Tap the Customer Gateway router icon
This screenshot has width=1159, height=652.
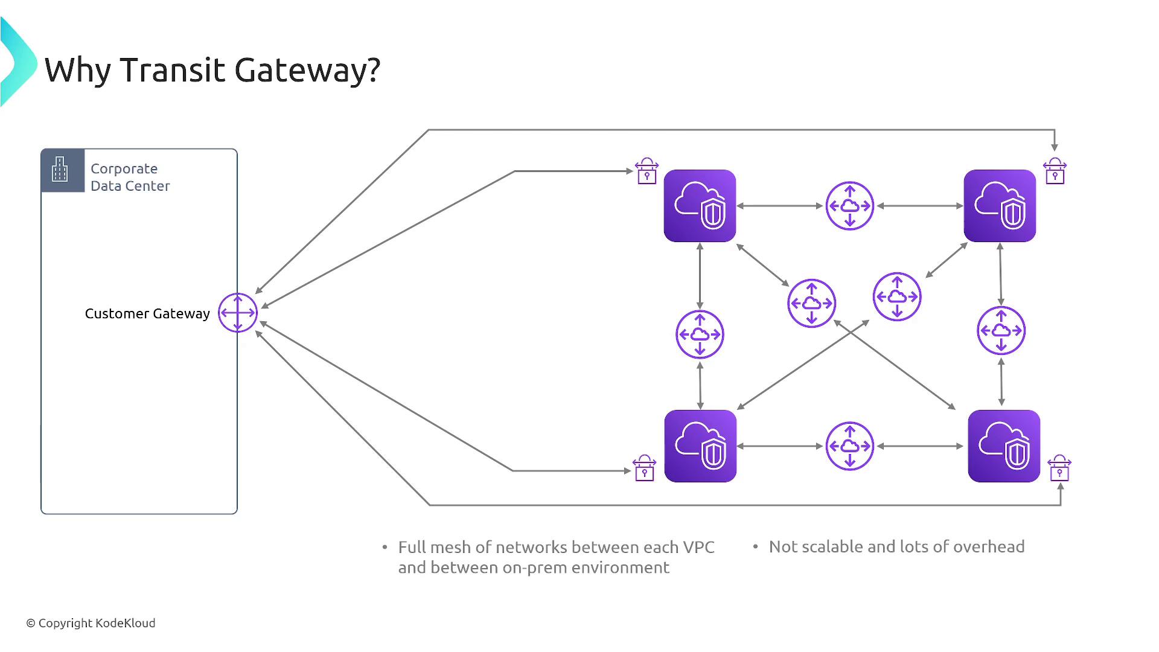point(238,313)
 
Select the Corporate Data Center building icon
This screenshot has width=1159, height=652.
point(60,170)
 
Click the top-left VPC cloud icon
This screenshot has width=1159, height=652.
point(700,206)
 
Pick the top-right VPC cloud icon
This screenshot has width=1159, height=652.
point(1000,206)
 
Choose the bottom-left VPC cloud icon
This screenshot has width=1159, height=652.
point(700,446)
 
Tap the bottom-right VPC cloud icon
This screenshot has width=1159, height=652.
point(1004,446)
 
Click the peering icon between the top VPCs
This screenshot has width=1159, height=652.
point(850,206)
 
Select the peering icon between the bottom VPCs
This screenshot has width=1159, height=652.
point(850,446)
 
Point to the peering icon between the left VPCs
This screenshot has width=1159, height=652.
point(700,334)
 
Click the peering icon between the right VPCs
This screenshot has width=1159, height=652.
point(1001,331)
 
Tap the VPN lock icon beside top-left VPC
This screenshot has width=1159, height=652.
point(647,171)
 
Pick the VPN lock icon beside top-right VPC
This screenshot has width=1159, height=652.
point(1055,171)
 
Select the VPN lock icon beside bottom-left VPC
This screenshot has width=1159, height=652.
point(644,468)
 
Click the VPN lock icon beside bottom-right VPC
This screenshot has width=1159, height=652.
point(1059,468)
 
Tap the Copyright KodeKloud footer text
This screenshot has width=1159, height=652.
point(91,623)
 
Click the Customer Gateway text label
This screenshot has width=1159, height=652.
point(147,314)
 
